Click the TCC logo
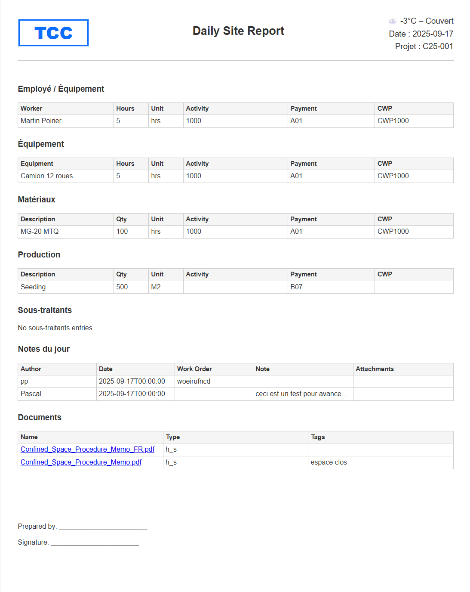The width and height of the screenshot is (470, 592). point(53,33)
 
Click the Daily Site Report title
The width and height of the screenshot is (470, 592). point(238,31)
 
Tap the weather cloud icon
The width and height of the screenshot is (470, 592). point(392,21)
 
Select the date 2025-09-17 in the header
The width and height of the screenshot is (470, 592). point(433,34)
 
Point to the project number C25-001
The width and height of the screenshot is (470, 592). point(438,46)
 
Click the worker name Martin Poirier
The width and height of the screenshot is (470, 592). point(41,121)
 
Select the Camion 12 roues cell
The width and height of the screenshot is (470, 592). point(47,176)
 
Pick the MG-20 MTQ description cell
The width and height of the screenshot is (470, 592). point(40,232)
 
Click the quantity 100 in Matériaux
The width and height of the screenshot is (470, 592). point(122,232)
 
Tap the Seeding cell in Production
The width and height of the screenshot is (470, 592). point(33,287)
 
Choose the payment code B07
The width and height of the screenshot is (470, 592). point(296,287)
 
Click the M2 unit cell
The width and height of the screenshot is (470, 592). point(156,287)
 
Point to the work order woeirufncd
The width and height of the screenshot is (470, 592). point(194,381)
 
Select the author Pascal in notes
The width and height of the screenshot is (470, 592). point(31,394)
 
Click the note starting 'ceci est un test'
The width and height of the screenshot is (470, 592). point(301,394)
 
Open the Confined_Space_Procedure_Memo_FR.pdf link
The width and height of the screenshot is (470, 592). point(88,449)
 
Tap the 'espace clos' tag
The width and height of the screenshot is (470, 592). point(329,462)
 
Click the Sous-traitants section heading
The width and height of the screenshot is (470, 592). point(45,310)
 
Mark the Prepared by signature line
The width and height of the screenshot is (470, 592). point(103,527)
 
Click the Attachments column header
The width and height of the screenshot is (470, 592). point(375,369)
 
